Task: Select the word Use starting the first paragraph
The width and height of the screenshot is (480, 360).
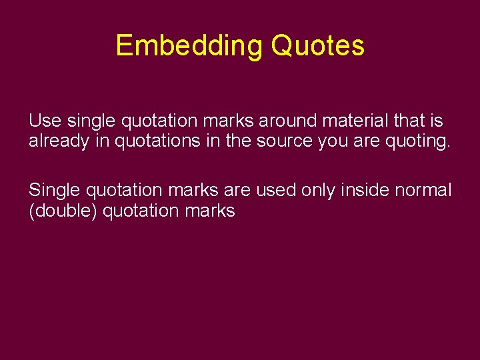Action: point(45,121)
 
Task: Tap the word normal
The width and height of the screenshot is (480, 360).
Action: point(423,191)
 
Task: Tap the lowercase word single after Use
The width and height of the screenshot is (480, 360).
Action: point(91,121)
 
